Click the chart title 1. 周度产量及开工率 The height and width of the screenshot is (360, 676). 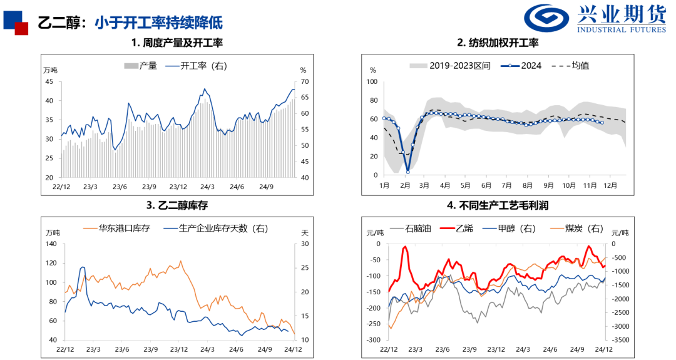point(177,43)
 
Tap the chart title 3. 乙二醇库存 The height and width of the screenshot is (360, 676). point(177,205)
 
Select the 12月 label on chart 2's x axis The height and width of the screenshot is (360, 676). point(610,185)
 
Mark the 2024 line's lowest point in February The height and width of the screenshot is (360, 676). point(407,172)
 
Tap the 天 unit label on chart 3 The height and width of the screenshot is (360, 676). point(305,232)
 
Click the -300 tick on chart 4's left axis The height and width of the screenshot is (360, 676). point(374,340)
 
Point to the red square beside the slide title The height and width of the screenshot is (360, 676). point(21,28)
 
